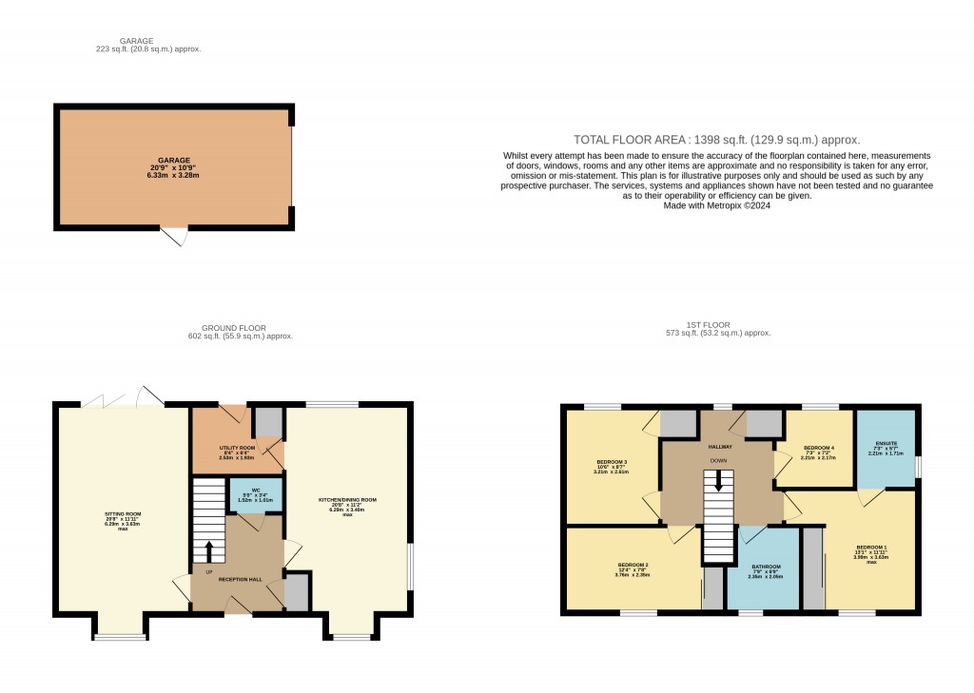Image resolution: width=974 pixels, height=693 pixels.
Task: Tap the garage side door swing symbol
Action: point(174,237)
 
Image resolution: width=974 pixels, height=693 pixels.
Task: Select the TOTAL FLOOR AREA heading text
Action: point(716,139)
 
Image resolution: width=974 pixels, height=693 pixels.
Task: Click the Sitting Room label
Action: point(122,514)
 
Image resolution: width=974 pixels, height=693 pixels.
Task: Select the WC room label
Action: point(255,491)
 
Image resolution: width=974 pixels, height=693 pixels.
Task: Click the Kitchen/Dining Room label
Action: point(347,499)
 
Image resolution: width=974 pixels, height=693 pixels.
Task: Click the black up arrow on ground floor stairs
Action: point(209,550)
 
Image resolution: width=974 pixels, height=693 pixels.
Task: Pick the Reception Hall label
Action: point(240,579)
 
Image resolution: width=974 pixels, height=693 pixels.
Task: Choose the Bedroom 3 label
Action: point(612,463)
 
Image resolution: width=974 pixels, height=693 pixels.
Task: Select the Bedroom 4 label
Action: point(818,447)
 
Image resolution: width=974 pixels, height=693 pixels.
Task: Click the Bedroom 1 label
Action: point(871,548)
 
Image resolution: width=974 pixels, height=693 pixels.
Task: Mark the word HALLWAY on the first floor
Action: point(718,443)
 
